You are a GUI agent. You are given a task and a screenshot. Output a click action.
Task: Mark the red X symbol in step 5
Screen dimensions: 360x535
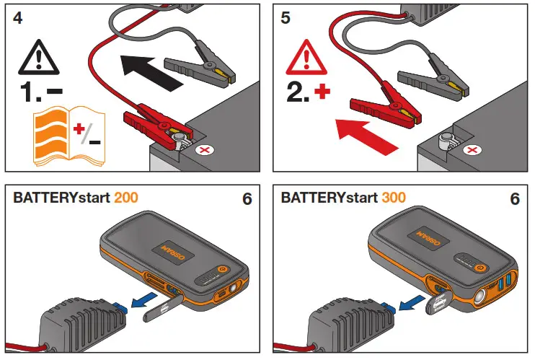point(472,150)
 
